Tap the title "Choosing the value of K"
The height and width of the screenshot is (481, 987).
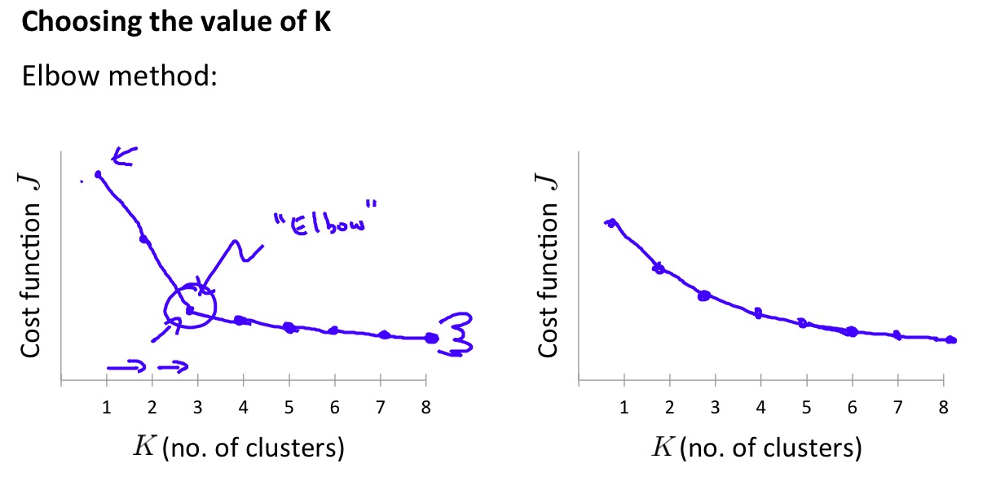[176, 21]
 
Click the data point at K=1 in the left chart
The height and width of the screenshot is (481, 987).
[99, 174]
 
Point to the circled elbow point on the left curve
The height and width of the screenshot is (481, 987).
[189, 310]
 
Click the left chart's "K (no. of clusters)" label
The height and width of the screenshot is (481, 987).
[237, 447]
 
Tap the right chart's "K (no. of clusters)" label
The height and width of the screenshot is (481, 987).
[756, 447]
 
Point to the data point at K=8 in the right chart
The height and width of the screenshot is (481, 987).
[950, 340]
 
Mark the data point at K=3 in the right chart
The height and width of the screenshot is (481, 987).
[704, 295]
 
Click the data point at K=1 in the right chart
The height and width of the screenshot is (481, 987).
[610, 223]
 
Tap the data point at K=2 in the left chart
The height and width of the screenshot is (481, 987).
[145, 239]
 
